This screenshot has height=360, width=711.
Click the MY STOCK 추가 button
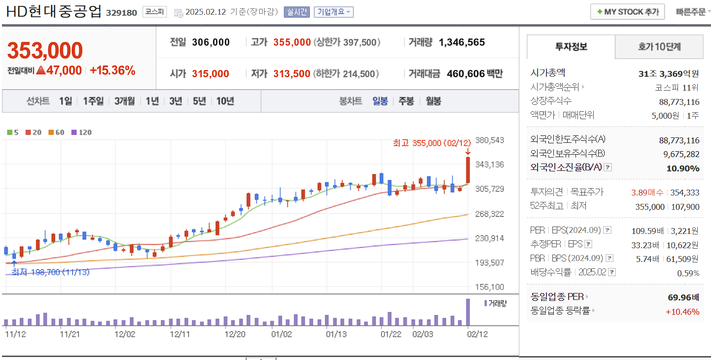click(627, 12)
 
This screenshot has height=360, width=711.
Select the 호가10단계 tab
click(659, 47)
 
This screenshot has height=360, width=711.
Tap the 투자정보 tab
click(571, 47)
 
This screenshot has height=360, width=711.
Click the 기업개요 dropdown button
click(334, 12)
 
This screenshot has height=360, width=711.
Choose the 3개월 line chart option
click(124, 101)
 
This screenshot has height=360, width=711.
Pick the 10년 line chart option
click(225, 101)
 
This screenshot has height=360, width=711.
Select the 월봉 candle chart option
click(434, 101)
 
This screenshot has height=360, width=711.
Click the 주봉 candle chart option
click(406, 101)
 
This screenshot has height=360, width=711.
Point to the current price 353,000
click(45, 51)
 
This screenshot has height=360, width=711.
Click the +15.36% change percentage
click(112, 70)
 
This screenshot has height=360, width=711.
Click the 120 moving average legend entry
click(82, 132)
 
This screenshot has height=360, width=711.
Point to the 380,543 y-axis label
click(490, 140)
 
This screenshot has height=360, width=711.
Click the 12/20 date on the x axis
click(235, 334)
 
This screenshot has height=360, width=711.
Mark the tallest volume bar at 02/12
click(468, 312)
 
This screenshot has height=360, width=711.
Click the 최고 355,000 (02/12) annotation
click(432, 143)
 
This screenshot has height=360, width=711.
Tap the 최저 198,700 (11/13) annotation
click(50, 272)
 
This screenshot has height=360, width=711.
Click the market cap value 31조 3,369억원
click(669, 74)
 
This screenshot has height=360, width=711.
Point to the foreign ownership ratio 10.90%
click(682, 168)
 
